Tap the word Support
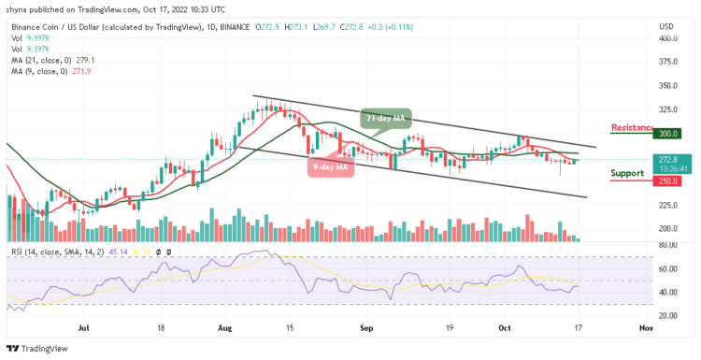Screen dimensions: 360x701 627,173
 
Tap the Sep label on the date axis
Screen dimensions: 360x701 366,329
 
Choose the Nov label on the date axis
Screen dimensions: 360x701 644,329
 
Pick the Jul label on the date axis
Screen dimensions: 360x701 84,329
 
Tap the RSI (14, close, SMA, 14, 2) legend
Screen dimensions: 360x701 56,252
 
